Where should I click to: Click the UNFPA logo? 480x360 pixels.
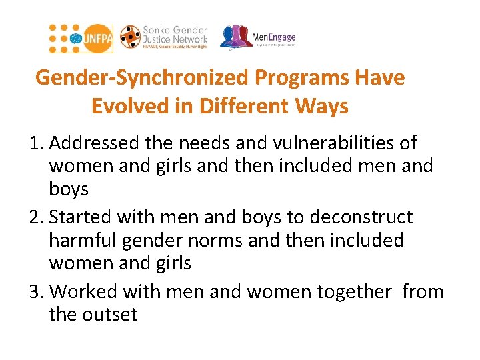81,38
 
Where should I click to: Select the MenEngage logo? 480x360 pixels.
258,37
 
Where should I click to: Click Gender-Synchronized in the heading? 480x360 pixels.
142,78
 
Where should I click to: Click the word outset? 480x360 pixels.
111,314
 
